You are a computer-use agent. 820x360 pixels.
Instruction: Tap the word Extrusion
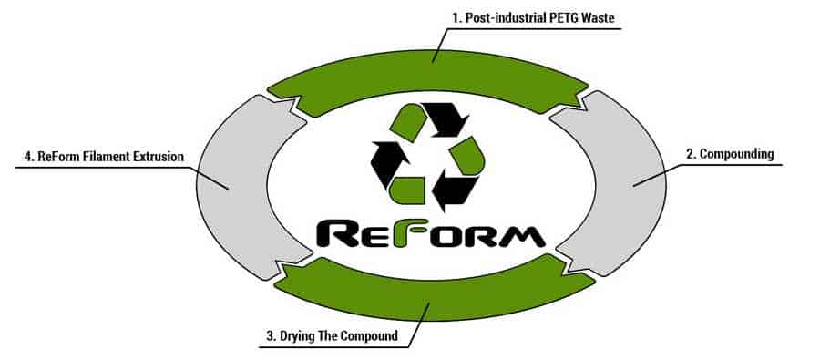click(x=158, y=157)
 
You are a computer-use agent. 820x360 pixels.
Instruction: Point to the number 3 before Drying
click(x=272, y=336)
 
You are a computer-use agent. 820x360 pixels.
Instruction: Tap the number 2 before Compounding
click(x=690, y=154)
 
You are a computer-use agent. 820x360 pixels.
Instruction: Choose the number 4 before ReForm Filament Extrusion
click(x=29, y=157)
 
